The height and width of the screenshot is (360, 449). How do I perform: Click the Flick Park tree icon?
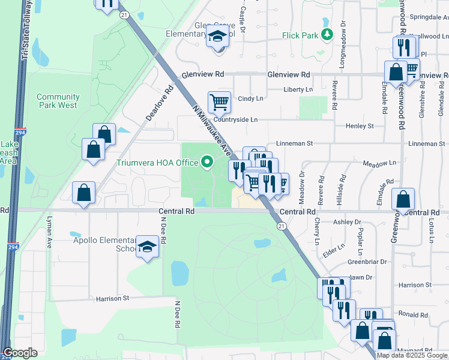click(x=327, y=35)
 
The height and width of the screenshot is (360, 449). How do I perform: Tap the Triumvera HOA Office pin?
click(x=208, y=161)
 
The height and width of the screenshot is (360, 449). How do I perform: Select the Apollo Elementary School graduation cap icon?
click(x=147, y=247)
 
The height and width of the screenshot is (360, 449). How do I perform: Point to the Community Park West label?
click(x=58, y=101)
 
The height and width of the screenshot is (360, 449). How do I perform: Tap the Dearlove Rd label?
click(x=160, y=103)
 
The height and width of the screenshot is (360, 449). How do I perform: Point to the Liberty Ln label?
click(x=298, y=90)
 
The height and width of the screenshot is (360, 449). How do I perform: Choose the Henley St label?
click(x=360, y=126)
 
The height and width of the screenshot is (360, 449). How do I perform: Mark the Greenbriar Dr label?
click(x=367, y=262)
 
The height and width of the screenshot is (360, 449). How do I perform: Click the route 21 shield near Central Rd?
click(x=281, y=226)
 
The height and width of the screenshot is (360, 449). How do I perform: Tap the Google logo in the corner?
click(x=20, y=353)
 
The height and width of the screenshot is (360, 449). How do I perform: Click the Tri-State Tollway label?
click(x=25, y=30)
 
